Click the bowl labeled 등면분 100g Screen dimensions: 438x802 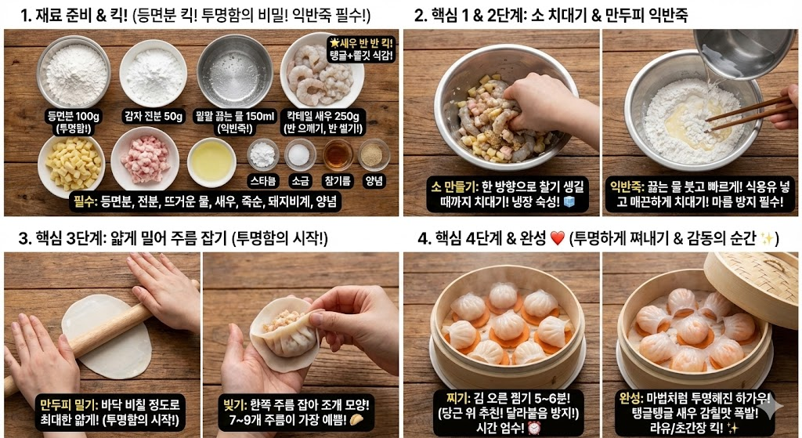click(x=74, y=71)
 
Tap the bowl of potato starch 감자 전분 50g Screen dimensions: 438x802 click(x=154, y=73)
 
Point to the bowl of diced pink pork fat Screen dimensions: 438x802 click(x=145, y=159)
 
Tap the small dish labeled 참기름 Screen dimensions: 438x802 click(x=338, y=154)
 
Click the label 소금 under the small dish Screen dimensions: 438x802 click(x=299, y=179)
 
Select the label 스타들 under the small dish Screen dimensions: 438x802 click(x=262, y=179)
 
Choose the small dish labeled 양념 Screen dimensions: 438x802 click(x=374, y=154)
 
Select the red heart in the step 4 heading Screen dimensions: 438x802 click(x=557, y=238)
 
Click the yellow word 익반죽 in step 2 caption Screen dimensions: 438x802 click(x=627, y=186)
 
